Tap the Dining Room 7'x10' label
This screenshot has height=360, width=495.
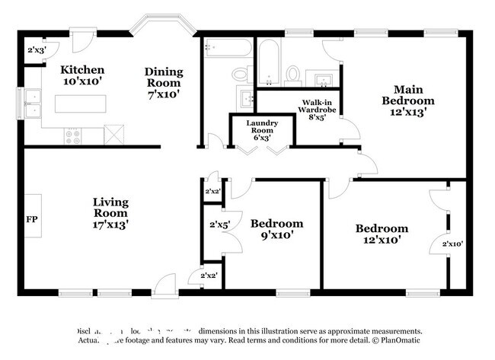click(x=164, y=83)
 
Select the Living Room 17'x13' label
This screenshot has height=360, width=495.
click(x=110, y=213)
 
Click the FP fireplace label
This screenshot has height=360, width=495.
click(x=32, y=220)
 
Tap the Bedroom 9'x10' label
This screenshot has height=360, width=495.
click(x=276, y=229)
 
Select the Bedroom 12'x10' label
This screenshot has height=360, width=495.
click(x=382, y=234)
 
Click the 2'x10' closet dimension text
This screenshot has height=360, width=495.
click(x=452, y=244)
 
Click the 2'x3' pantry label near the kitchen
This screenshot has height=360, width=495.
click(x=37, y=50)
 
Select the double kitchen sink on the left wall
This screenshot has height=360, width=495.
click(x=33, y=104)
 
